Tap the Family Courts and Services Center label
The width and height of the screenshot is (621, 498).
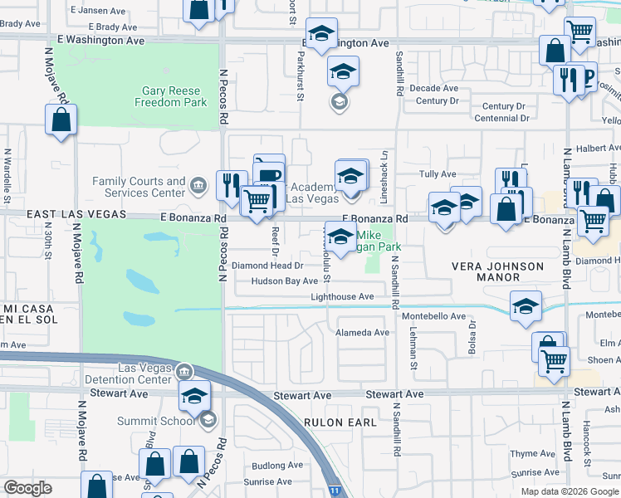[x=139, y=187]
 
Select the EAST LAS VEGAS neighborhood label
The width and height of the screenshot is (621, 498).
[x=76, y=215]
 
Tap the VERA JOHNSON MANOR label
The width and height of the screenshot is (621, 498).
[x=497, y=272]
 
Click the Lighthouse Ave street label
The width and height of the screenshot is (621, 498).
[x=342, y=296]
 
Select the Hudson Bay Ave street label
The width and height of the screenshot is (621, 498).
[x=286, y=281]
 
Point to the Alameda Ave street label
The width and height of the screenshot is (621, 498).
[x=362, y=332]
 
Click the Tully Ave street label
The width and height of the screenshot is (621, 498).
[x=438, y=174]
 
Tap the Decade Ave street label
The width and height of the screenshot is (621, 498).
[x=438, y=88]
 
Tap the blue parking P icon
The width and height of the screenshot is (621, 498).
[x=589, y=78]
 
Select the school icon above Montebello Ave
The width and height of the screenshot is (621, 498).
[x=526, y=306]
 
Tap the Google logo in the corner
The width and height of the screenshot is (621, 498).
[x=28, y=488]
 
